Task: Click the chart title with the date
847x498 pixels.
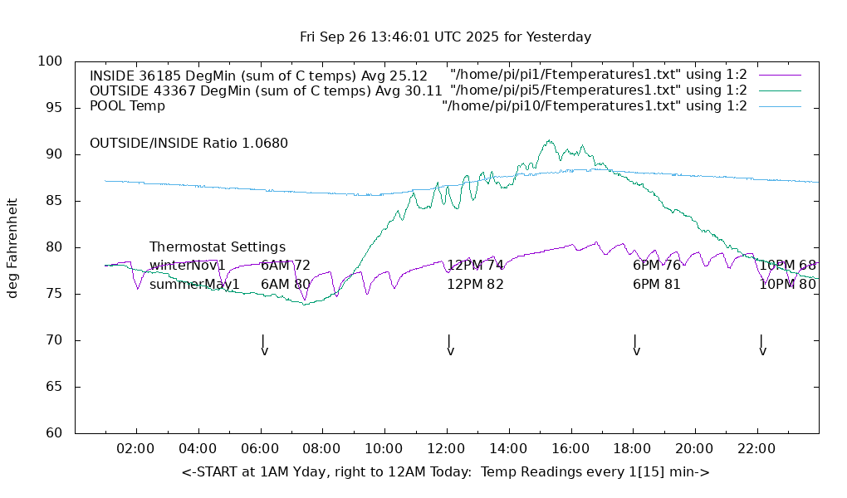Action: tap(445, 37)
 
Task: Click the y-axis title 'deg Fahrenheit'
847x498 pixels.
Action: tap(12, 247)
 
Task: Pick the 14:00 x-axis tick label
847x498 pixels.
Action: tap(508, 449)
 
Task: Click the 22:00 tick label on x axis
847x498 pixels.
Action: tap(756, 449)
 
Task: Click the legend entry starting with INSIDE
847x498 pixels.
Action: tap(258, 75)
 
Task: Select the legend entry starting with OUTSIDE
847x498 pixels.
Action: tap(265, 90)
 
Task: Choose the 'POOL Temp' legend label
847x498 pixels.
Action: tap(127, 105)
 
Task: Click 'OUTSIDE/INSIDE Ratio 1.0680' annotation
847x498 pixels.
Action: tap(188, 143)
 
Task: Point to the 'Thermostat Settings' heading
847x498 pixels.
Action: tap(218, 247)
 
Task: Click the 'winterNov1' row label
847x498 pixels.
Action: tap(188, 266)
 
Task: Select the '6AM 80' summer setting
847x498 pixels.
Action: tap(286, 284)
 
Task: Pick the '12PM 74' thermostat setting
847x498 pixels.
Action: tap(475, 266)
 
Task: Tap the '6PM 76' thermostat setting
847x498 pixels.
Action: tap(656, 266)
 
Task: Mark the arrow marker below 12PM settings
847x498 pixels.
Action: tap(449, 345)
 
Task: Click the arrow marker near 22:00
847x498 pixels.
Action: tap(761, 345)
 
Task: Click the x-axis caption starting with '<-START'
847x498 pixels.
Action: tap(445, 472)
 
